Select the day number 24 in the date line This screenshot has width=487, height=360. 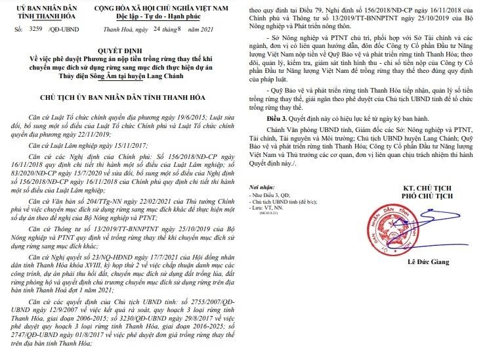(x=173, y=30)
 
